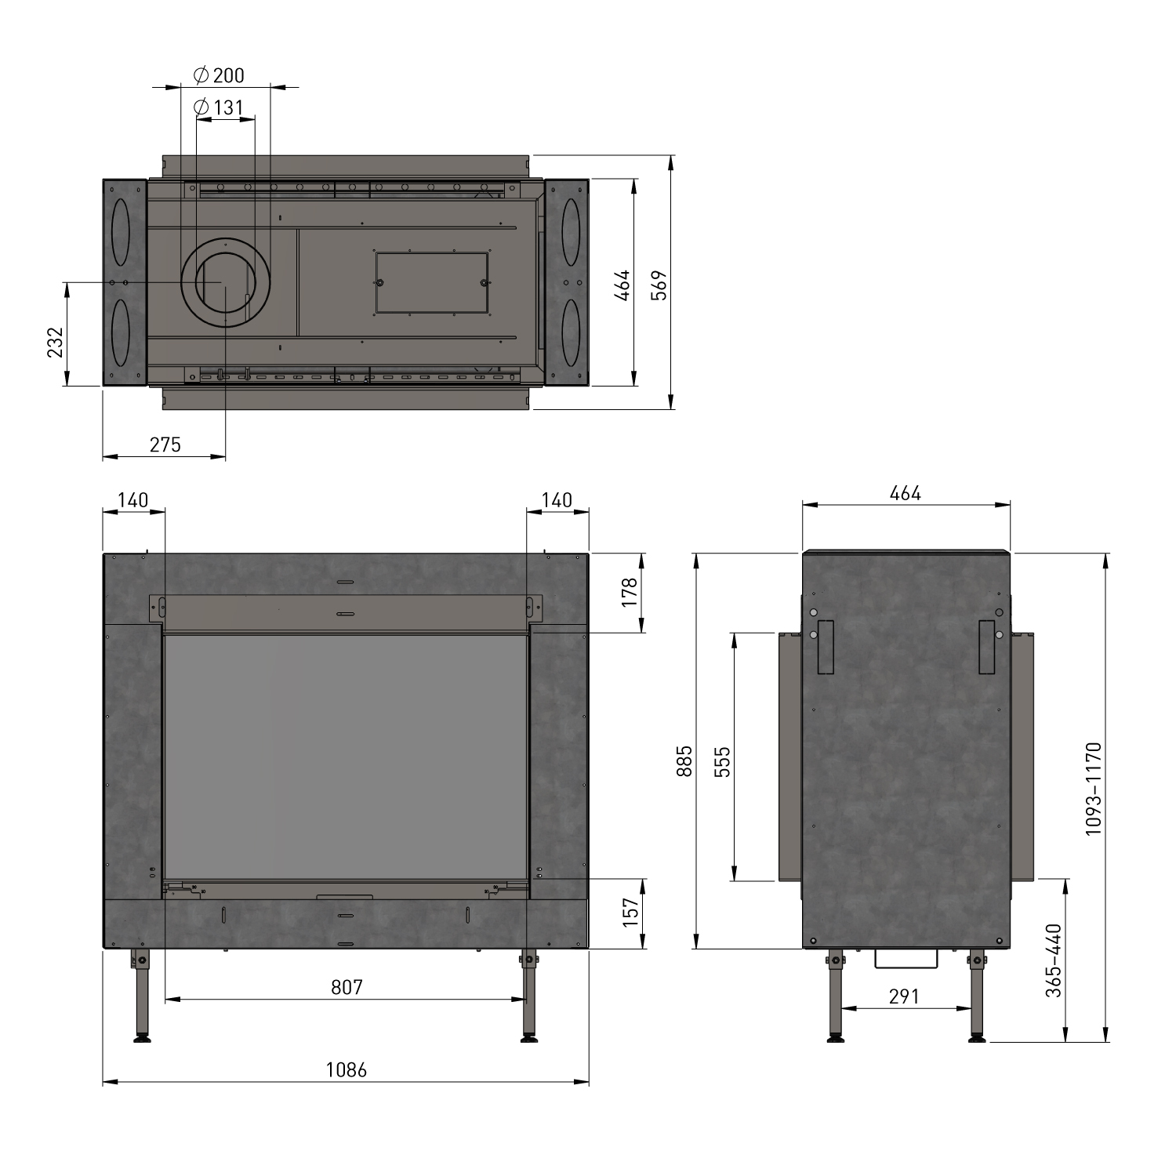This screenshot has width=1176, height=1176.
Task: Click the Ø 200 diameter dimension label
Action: click(x=219, y=75)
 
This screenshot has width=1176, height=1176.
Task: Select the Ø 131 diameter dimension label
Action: click(x=219, y=107)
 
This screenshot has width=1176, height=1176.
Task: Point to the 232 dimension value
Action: click(x=55, y=342)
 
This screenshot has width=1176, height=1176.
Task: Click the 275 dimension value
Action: click(x=165, y=445)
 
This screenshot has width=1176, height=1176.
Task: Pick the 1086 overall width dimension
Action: click(x=346, y=1069)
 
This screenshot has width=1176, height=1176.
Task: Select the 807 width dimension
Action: click(x=347, y=986)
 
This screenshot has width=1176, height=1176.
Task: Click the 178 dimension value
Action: click(x=630, y=593)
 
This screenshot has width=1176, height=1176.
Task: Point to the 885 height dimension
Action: click(x=684, y=760)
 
